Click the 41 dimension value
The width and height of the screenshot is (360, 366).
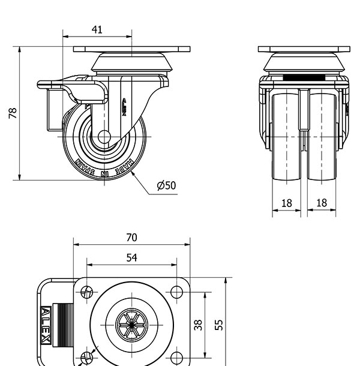pos(97,29)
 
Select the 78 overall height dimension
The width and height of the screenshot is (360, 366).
pos(13,113)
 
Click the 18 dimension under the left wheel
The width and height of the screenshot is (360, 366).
pos(287,203)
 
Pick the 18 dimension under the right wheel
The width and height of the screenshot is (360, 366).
pos(322,203)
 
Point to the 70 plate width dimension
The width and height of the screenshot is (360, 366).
pos(131,237)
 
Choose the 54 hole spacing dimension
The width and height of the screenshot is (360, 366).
pos(131,257)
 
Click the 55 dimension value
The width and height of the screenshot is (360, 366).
pos(220,325)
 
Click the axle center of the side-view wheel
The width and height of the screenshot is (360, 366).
pos(104,137)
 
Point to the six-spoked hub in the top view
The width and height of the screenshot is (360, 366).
pos(131,325)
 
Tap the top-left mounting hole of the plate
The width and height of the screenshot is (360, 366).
pos(88,293)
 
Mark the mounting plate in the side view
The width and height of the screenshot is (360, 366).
pos(131,49)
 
